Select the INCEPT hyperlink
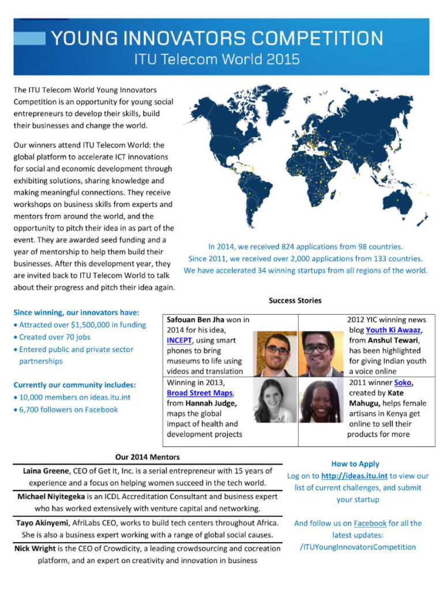pos(180,340)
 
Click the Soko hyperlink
pos(403,382)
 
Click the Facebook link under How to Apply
pos(370,523)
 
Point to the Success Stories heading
pos(295,300)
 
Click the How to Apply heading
pos(355,464)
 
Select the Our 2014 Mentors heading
pos(147,457)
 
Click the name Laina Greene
pos(43,471)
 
